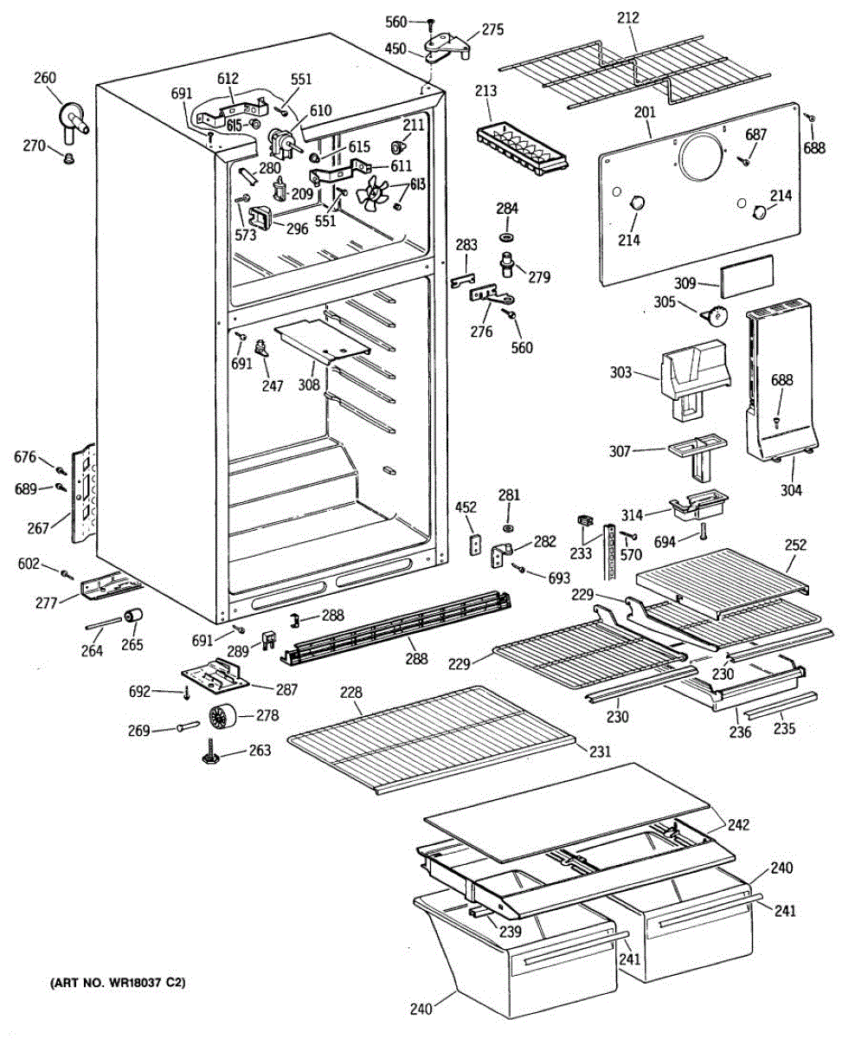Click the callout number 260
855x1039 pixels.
[44, 79]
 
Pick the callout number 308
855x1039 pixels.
[309, 384]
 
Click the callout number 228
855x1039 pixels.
[351, 693]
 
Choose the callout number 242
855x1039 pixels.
[738, 824]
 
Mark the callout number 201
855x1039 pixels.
[645, 113]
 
